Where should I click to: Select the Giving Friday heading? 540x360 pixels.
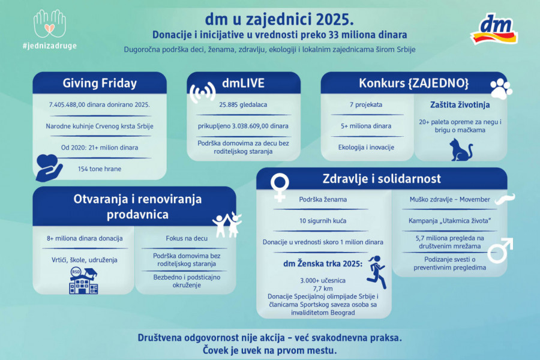coord(100,83)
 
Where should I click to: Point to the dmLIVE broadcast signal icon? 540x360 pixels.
coord(202,92)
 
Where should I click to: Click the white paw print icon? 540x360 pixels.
coord(501,89)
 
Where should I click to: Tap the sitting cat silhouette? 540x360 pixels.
coord(461,149)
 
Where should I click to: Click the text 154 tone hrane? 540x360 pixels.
coord(100,169)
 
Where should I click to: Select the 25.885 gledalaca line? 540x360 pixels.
coord(243,104)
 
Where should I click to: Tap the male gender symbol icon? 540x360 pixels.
coord(499,251)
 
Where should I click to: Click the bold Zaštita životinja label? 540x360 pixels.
coord(460,104)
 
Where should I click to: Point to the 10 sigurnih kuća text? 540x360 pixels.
coord(323,221)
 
